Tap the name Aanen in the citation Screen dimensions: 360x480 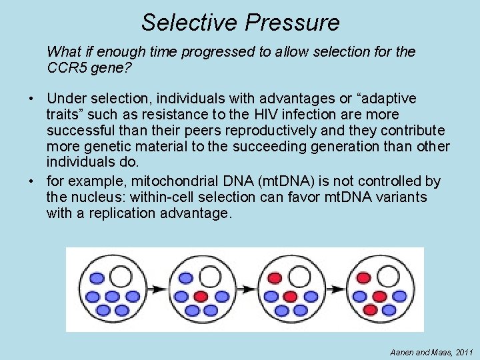tap(398, 351)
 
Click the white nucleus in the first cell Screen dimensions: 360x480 tap(121, 275)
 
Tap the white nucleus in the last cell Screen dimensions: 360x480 tap(390, 275)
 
